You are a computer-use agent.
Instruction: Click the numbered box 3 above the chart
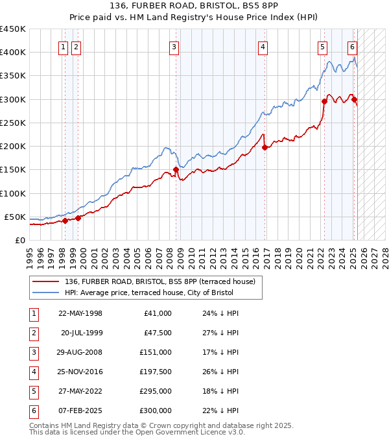click(x=175, y=46)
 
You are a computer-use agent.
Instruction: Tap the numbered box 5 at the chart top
click(x=322, y=46)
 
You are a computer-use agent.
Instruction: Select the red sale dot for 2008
click(x=176, y=169)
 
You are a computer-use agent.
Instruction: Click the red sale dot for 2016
click(x=265, y=147)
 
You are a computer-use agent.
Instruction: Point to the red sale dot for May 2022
click(x=324, y=101)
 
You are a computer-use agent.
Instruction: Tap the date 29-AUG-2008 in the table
click(x=80, y=352)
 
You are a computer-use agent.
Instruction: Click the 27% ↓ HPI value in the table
click(x=220, y=333)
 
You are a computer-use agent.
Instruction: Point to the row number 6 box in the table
click(x=33, y=411)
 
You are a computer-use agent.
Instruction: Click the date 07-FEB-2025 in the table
click(x=80, y=411)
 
